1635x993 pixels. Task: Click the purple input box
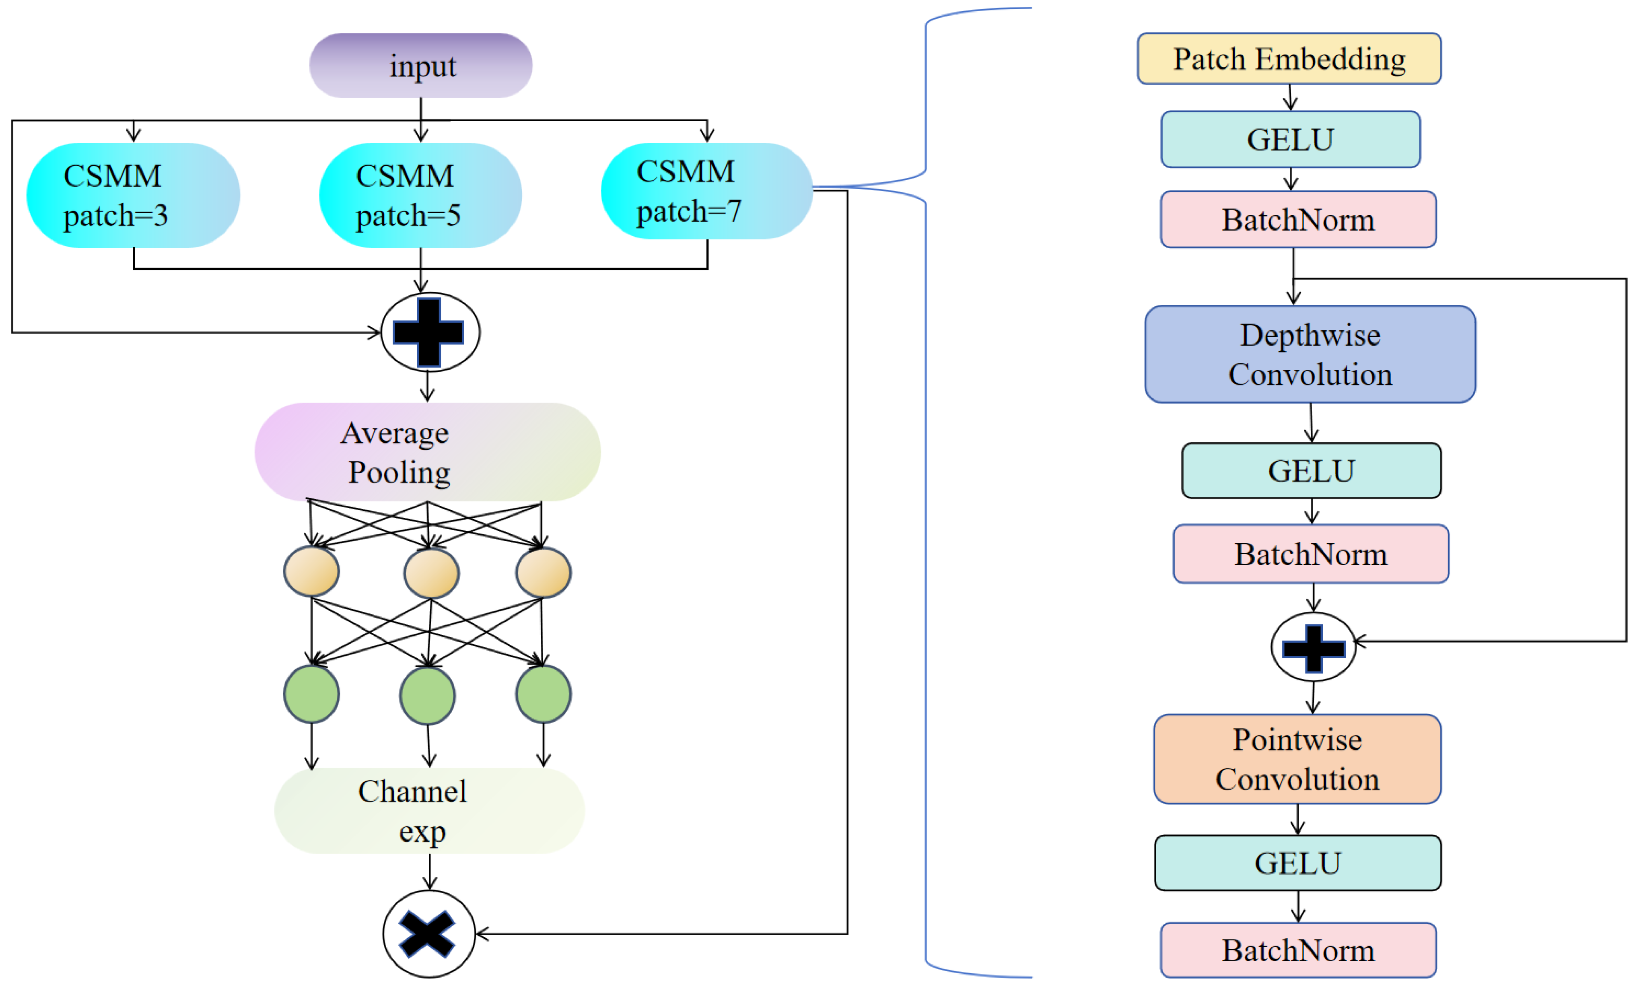(x=421, y=66)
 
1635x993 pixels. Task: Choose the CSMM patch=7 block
(x=707, y=191)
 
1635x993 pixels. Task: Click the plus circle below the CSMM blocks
(x=430, y=332)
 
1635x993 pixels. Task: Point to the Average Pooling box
(x=427, y=452)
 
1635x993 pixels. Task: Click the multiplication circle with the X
(x=428, y=933)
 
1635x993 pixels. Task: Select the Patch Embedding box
(x=1289, y=59)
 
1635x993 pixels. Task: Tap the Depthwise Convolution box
(x=1310, y=354)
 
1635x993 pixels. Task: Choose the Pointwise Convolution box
(x=1297, y=759)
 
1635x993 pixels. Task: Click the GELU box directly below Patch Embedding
(x=1290, y=139)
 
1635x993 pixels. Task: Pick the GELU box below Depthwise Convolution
(x=1311, y=471)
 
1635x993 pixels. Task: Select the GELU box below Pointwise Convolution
(x=1297, y=863)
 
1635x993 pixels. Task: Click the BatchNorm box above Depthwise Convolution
(x=1298, y=220)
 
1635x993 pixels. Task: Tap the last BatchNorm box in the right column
(x=1298, y=950)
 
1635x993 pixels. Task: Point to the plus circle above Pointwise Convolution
(x=1313, y=647)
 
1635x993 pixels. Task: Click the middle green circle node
(x=427, y=695)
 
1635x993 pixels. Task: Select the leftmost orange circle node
(x=311, y=571)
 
